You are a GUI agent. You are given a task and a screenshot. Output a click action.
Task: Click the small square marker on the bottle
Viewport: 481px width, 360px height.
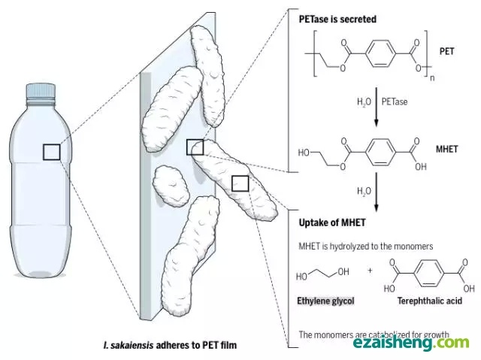click(x=51, y=152)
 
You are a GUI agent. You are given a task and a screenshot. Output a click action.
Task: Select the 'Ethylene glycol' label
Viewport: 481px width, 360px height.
click(x=325, y=301)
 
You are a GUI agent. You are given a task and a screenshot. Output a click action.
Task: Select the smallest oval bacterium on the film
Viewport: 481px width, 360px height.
click(x=170, y=183)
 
